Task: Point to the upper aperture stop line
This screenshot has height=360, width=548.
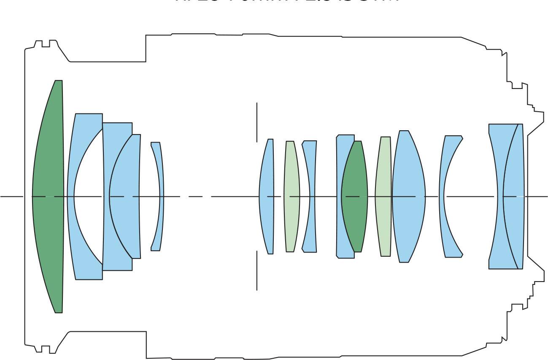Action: coord(257,122)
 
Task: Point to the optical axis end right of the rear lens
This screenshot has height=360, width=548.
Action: coord(540,196)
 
